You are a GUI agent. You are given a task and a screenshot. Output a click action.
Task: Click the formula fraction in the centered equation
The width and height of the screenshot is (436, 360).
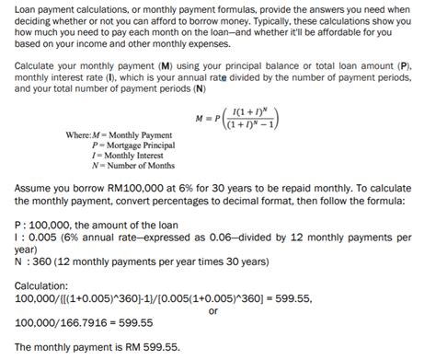[250, 119]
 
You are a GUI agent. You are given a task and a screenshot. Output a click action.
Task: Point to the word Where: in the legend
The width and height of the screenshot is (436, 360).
[81, 135]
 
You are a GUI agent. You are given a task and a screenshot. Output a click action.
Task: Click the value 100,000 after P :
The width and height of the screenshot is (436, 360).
[46, 224]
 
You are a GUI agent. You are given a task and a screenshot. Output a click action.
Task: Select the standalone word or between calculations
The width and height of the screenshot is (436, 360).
[213, 309]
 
